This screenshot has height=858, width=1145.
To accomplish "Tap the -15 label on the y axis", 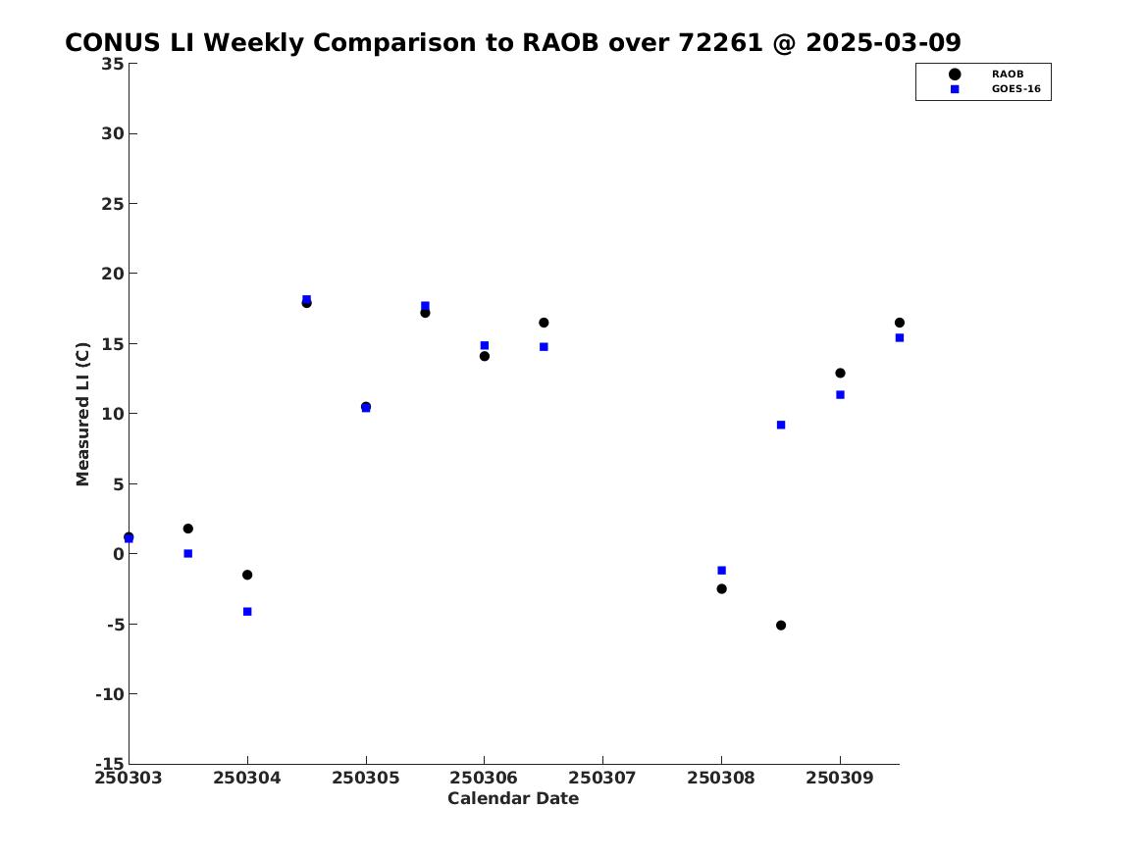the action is (110, 763).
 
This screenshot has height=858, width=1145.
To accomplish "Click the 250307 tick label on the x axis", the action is (602, 778).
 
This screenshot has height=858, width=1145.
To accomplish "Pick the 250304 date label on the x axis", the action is (247, 778).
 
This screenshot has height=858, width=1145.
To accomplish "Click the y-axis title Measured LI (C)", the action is (82, 414).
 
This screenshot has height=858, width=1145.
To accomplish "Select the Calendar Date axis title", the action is (513, 798).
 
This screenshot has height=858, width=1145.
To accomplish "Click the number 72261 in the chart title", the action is (721, 43).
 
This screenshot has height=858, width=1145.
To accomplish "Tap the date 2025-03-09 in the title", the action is (884, 43).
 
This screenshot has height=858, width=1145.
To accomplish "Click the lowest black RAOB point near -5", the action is (781, 626).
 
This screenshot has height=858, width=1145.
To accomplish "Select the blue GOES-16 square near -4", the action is (247, 612).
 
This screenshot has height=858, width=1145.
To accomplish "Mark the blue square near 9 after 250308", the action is (781, 425).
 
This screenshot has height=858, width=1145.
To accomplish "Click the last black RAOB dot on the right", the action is (900, 323).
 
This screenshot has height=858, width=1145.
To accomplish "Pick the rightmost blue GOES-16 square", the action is (900, 337).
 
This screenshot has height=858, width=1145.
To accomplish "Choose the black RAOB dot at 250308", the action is (721, 588).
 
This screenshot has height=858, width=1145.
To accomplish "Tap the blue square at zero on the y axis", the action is (187, 554).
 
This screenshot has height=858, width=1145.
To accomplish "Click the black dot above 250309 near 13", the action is (840, 373).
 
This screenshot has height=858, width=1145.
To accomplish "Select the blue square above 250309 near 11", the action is (840, 395).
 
